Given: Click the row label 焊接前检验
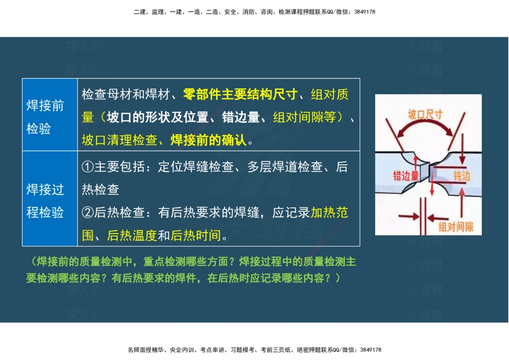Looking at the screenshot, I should [45, 117].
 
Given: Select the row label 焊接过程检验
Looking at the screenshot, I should [45, 201].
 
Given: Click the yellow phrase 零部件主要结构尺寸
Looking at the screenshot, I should [240, 95].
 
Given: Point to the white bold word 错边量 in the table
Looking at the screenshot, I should [241, 118].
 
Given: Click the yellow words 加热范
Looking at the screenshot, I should [329, 212].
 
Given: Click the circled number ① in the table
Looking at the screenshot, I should [88, 167].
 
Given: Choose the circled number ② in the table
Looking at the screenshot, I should [88, 212].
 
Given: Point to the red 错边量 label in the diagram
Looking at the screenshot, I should [406, 176].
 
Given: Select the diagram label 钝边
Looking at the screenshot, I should [462, 176].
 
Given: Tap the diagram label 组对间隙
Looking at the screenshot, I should [456, 227].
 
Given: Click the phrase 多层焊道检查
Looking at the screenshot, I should [285, 167].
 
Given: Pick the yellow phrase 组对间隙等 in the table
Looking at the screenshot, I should [304, 118].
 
